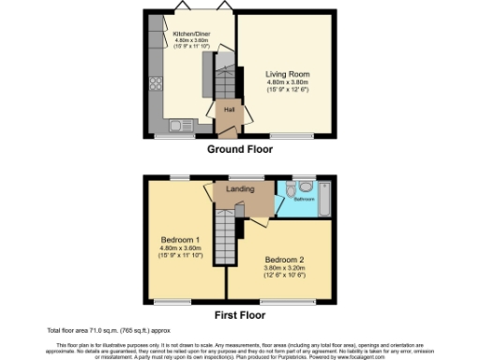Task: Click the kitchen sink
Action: point(178,126)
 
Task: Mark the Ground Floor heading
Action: point(239,148)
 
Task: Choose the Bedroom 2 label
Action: point(282,258)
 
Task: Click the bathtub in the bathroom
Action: point(322,198)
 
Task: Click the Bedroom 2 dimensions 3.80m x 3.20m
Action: point(282,268)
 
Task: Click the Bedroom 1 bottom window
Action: point(171,301)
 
